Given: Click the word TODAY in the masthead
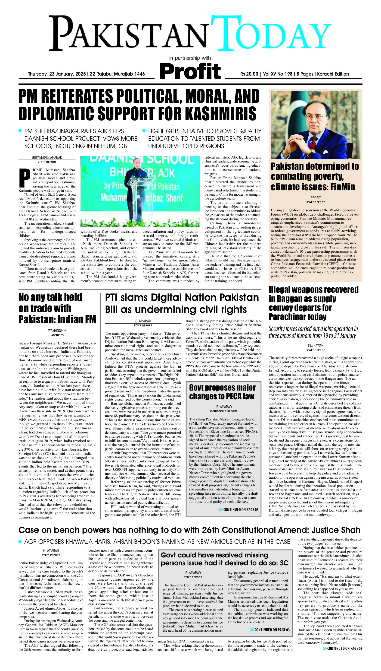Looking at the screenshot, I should click(269, 33).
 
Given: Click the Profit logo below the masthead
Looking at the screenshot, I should click(190, 71).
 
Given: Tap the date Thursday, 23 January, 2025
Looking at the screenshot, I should click(58, 74).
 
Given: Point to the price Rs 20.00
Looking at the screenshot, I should click(249, 74).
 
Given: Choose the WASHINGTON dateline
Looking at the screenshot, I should click(57, 331).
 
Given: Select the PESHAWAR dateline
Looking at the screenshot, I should click(316, 345).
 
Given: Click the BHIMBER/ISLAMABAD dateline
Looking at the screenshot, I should click(47, 158).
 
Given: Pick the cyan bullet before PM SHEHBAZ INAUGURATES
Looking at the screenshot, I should click(20, 130).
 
